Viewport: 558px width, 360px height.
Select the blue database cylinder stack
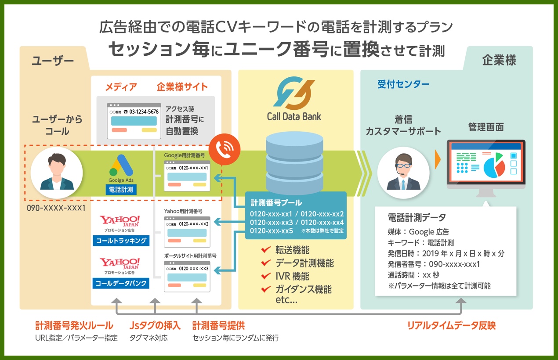pyautogui.click(x=294, y=164)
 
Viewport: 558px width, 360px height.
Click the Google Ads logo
pyautogui.click(x=121, y=166)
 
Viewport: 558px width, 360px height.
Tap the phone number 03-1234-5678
pyautogui.click(x=141, y=112)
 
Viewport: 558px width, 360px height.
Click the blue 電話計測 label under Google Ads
pyautogui.click(x=121, y=190)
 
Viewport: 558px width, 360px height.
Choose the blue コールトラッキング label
pyautogui.click(x=121, y=241)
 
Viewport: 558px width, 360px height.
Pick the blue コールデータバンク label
pyautogui.click(x=121, y=283)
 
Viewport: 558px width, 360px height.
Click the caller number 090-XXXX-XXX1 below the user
pyautogui.click(x=56, y=208)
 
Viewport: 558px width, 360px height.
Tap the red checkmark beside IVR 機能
pyautogui.click(x=265, y=276)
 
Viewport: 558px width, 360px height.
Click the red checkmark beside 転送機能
pyautogui.click(x=265, y=250)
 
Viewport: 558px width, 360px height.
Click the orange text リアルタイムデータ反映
pyautogui.click(x=451, y=326)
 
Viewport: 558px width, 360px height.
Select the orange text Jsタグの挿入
pyautogui.click(x=155, y=326)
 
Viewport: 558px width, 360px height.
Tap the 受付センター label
pyautogui.click(x=403, y=84)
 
